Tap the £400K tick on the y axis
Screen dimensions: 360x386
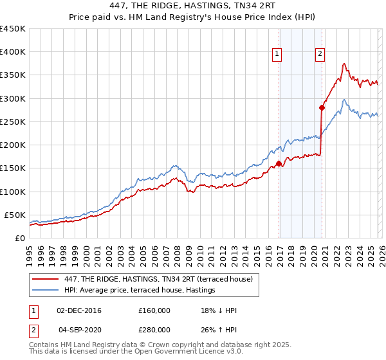(13, 52)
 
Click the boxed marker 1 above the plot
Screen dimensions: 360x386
(278, 55)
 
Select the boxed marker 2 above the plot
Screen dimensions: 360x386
(320, 55)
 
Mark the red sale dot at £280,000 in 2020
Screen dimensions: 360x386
(322, 108)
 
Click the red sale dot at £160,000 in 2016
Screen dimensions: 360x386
(279, 163)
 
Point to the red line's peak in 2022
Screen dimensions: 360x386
(345, 64)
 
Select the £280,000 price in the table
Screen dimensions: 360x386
(154, 329)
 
